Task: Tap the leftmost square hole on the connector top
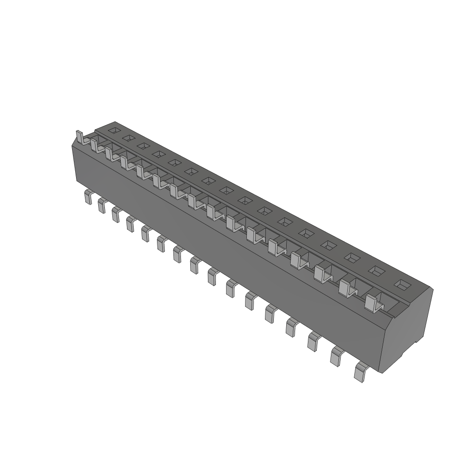click(115, 130)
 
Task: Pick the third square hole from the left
click(143, 146)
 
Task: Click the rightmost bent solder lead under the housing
click(361, 371)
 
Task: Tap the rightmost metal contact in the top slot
click(372, 303)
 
